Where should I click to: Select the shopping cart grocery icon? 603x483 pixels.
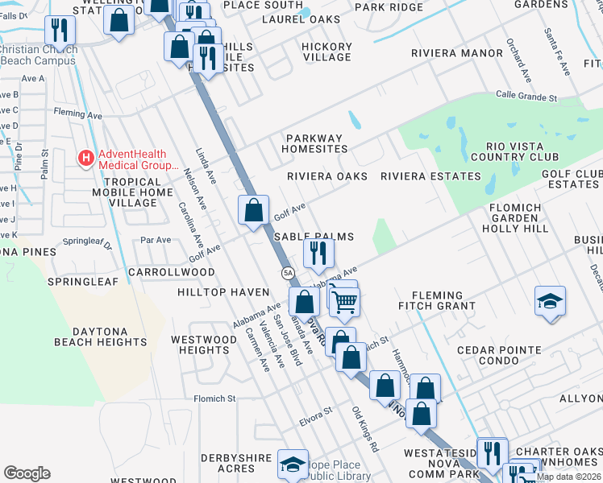point(345,303)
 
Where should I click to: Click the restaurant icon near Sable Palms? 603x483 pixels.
point(318,253)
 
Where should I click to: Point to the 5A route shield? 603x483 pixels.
point(288,274)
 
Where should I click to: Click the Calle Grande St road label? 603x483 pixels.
point(526,96)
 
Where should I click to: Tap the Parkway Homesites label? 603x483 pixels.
point(315,143)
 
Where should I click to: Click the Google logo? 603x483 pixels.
point(27,473)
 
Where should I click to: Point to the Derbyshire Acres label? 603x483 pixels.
point(236,463)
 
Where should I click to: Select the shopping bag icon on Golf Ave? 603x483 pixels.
point(253,210)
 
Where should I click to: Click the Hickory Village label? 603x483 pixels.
point(326,52)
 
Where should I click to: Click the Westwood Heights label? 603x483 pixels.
point(204,345)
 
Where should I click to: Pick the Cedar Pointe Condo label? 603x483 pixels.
point(498,355)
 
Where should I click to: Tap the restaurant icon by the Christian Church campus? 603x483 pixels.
point(60,31)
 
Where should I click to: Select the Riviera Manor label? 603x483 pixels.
point(456,54)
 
